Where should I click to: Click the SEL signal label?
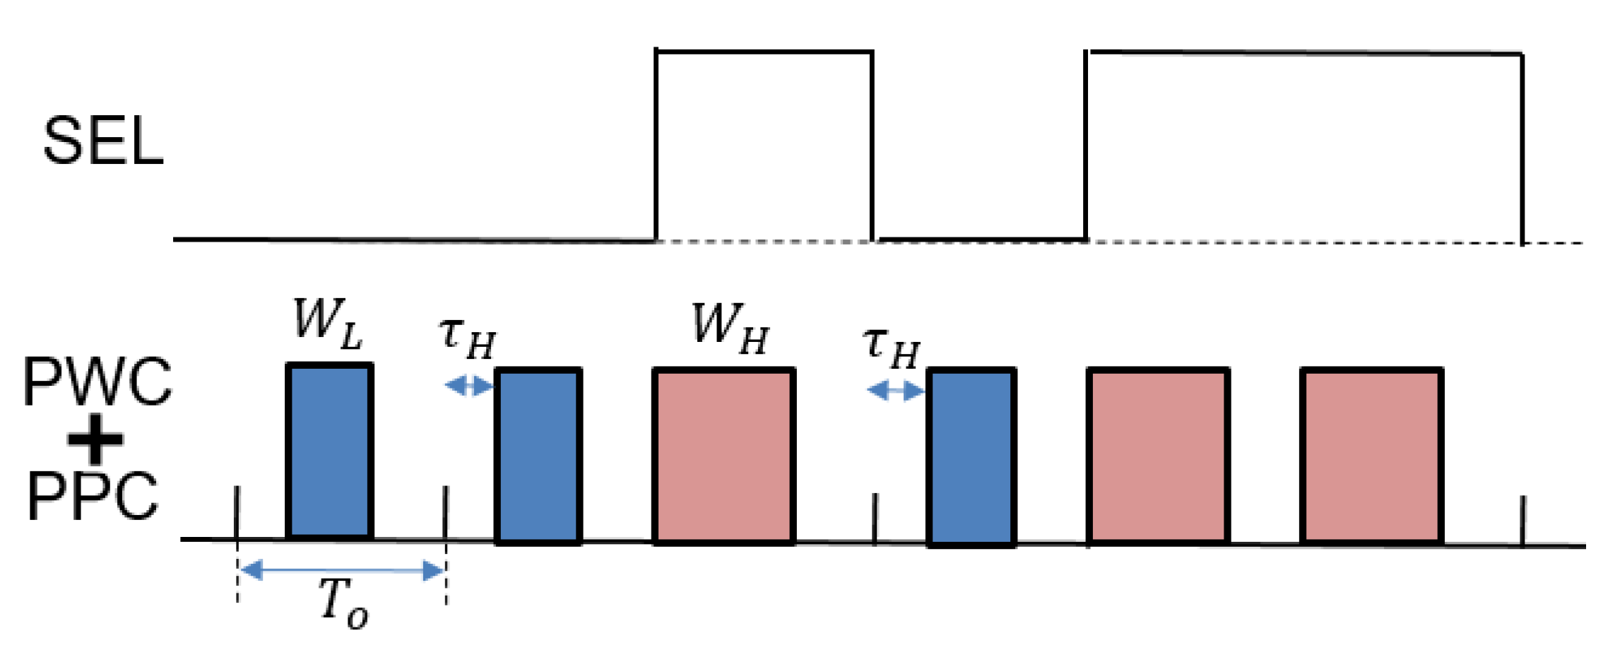click(x=103, y=141)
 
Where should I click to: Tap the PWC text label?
click(x=97, y=382)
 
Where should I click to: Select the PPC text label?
click(x=93, y=497)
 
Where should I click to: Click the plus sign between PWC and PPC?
click(x=95, y=439)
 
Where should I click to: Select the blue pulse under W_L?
click(x=329, y=451)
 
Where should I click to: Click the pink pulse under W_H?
click(x=724, y=456)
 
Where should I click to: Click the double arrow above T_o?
click(x=343, y=570)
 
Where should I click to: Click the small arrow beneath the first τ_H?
click(x=468, y=386)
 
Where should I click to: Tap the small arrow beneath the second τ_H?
click(x=895, y=390)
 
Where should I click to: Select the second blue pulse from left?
click(x=538, y=456)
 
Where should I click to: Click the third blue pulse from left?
click(x=971, y=458)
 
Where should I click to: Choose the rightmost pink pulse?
click(x=1371, y=456)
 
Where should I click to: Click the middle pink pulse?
click(x=1158, y=456)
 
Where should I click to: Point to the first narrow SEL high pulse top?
click(x=764, y=52)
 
